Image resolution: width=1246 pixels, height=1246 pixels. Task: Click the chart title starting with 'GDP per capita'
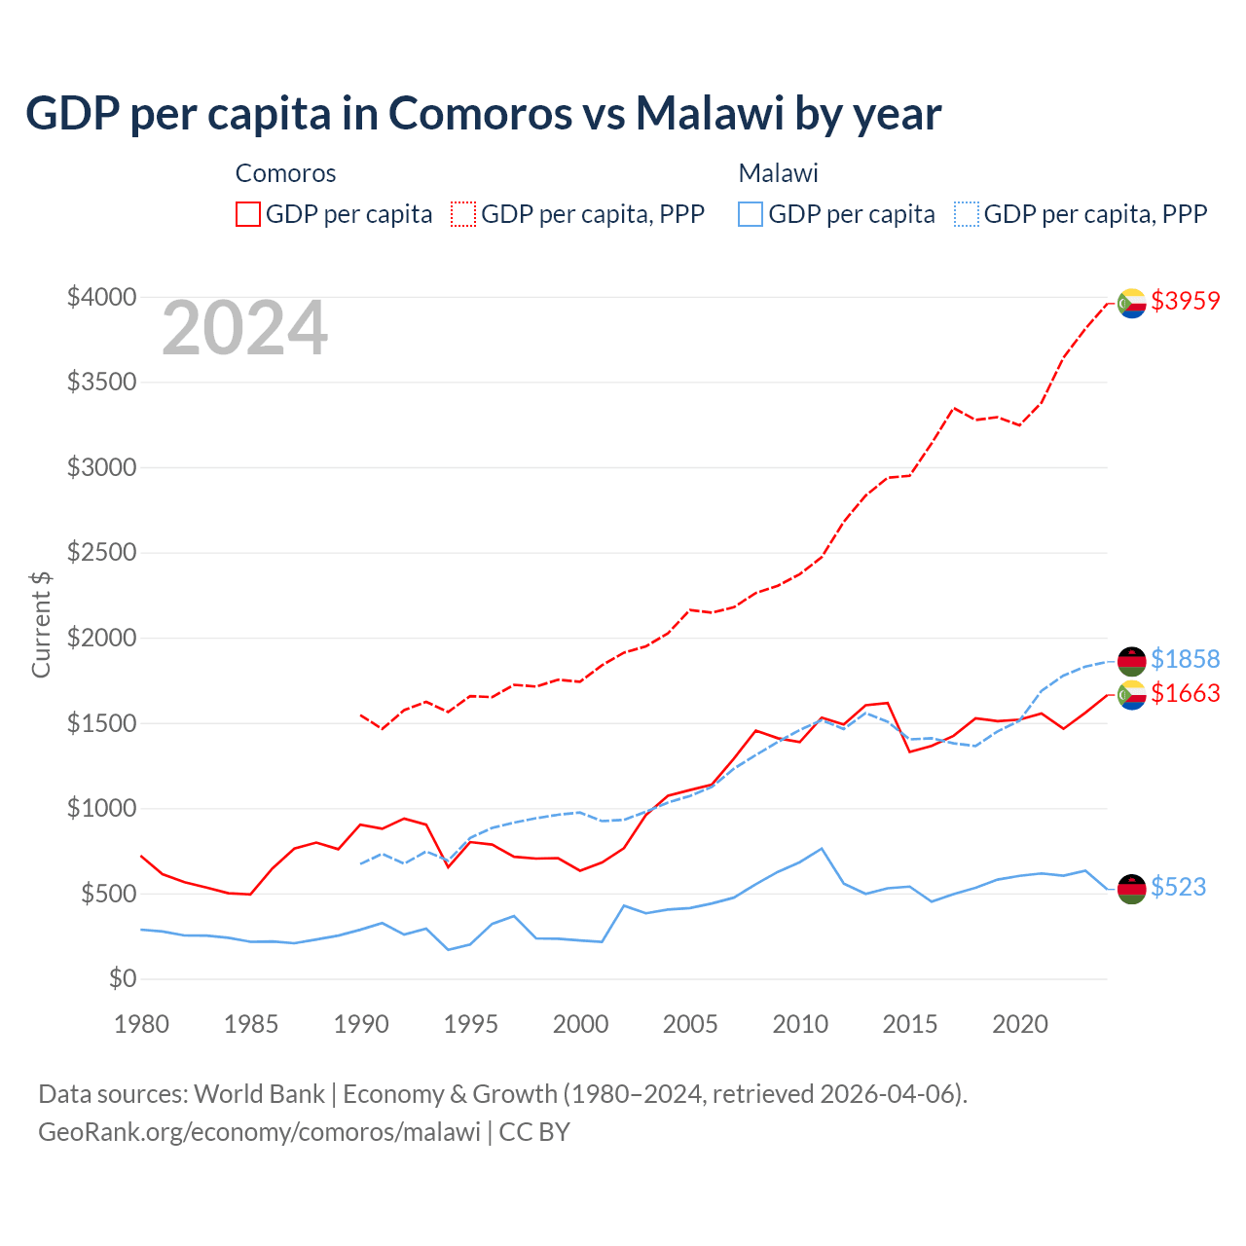pos(483,113)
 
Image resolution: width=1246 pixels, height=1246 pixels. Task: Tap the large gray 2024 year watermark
pos(244,329)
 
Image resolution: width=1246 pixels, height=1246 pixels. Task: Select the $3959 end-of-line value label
pos(1185,301)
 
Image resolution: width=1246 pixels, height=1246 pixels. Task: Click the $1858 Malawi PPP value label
pos(1185,659)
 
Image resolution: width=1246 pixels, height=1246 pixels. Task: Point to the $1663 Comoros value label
pos(1185,693)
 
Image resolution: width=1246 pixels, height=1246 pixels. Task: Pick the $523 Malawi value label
pos(1178,887)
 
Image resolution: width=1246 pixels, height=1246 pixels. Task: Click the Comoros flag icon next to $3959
pos(1131,304)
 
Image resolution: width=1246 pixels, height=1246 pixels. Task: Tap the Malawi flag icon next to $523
pos(1131,889)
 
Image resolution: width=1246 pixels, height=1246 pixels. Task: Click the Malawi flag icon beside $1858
pos(1131,661)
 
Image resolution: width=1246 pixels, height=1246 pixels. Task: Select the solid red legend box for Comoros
pos(248,214)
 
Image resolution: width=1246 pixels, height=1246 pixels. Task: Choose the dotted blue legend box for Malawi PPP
pos(967,214)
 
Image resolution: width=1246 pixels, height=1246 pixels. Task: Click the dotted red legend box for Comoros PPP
pos(464,214)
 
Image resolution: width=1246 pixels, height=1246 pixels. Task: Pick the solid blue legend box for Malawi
pos(751,214)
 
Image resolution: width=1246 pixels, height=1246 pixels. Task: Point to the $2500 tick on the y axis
pos(101,553)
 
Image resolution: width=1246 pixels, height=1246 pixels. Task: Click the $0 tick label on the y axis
pos(122,978)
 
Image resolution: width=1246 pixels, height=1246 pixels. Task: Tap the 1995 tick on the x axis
pos(471,1024)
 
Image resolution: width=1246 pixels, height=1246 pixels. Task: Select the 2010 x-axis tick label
pos(800,1024)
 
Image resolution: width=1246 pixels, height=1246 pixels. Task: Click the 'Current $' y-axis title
pos(41,625)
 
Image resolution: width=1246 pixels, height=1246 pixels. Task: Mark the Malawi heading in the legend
pos(778,173)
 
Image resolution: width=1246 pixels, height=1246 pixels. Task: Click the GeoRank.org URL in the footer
pos(259,1132)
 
